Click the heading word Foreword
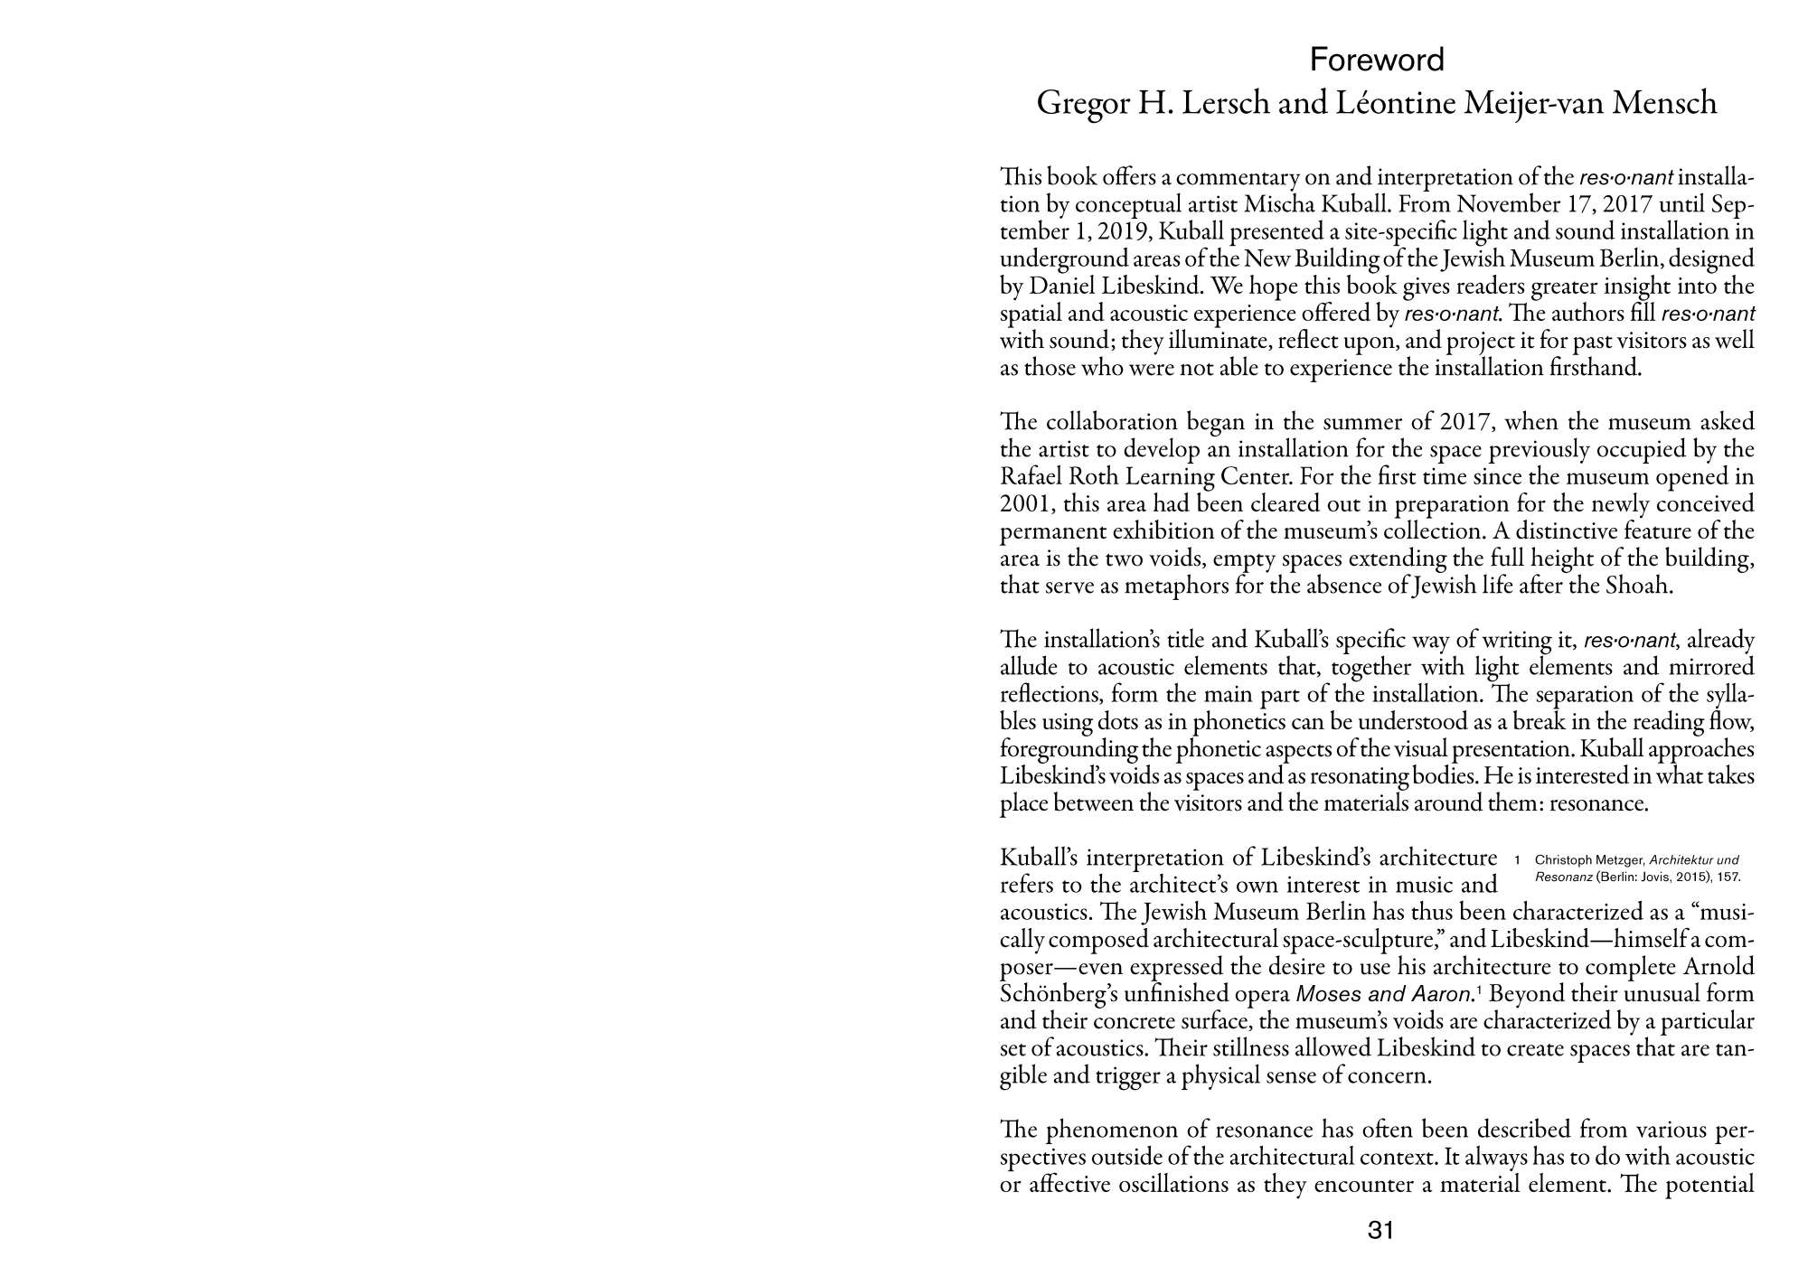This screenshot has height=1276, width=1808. point(1377,60)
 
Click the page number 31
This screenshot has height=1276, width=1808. point(1380,1230)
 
